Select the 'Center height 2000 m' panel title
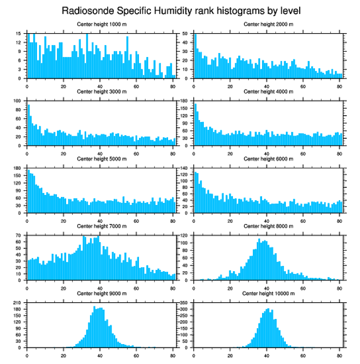268,24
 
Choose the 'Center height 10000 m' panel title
268,293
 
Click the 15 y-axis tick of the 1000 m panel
19,34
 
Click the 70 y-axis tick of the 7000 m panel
19,236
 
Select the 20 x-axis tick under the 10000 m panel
230,354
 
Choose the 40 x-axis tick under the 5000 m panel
100,220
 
